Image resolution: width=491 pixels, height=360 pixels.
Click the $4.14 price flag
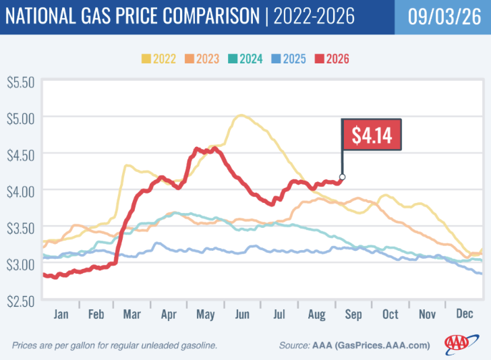[372, 136]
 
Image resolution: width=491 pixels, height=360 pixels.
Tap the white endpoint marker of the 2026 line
[342, 177]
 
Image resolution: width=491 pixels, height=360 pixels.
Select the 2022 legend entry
[158, 59]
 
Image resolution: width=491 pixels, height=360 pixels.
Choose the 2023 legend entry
[202, 59]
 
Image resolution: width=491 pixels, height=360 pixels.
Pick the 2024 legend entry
[246, 59]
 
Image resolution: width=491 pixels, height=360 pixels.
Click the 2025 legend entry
[289, 59]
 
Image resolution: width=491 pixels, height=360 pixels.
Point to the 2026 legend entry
[332, 59]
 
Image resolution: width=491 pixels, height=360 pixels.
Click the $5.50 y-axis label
[21, 83]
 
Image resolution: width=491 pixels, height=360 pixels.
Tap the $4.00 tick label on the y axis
[21, 191]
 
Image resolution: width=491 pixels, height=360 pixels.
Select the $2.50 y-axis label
[21, 301]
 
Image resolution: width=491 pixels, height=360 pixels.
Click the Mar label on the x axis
[132, 314]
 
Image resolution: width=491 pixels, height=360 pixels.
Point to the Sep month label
[353, 315]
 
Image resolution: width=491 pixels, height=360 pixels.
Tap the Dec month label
[465, 313]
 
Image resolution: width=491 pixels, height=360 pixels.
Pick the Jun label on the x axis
[242, 314]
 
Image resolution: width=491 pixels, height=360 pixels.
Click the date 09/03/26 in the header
[444, 16]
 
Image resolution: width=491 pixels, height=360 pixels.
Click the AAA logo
[461, 344]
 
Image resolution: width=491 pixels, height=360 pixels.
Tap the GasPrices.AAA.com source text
[382, 345]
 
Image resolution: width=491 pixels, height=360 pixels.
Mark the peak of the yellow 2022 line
[241, 115]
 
